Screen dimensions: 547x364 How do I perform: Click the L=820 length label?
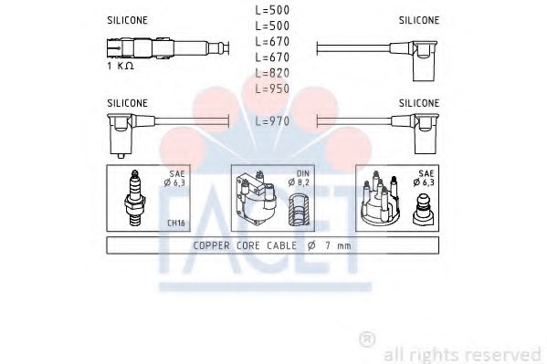272,73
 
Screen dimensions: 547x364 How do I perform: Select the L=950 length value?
272,88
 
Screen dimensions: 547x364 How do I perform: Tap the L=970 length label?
272,121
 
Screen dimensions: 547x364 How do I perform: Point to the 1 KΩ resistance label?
121,66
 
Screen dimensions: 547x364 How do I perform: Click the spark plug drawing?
134,198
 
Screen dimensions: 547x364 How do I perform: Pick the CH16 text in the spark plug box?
176,224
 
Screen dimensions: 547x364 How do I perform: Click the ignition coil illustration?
256,198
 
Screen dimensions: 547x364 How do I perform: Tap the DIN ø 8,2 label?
300,178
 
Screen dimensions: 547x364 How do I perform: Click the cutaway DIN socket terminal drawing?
299,209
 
